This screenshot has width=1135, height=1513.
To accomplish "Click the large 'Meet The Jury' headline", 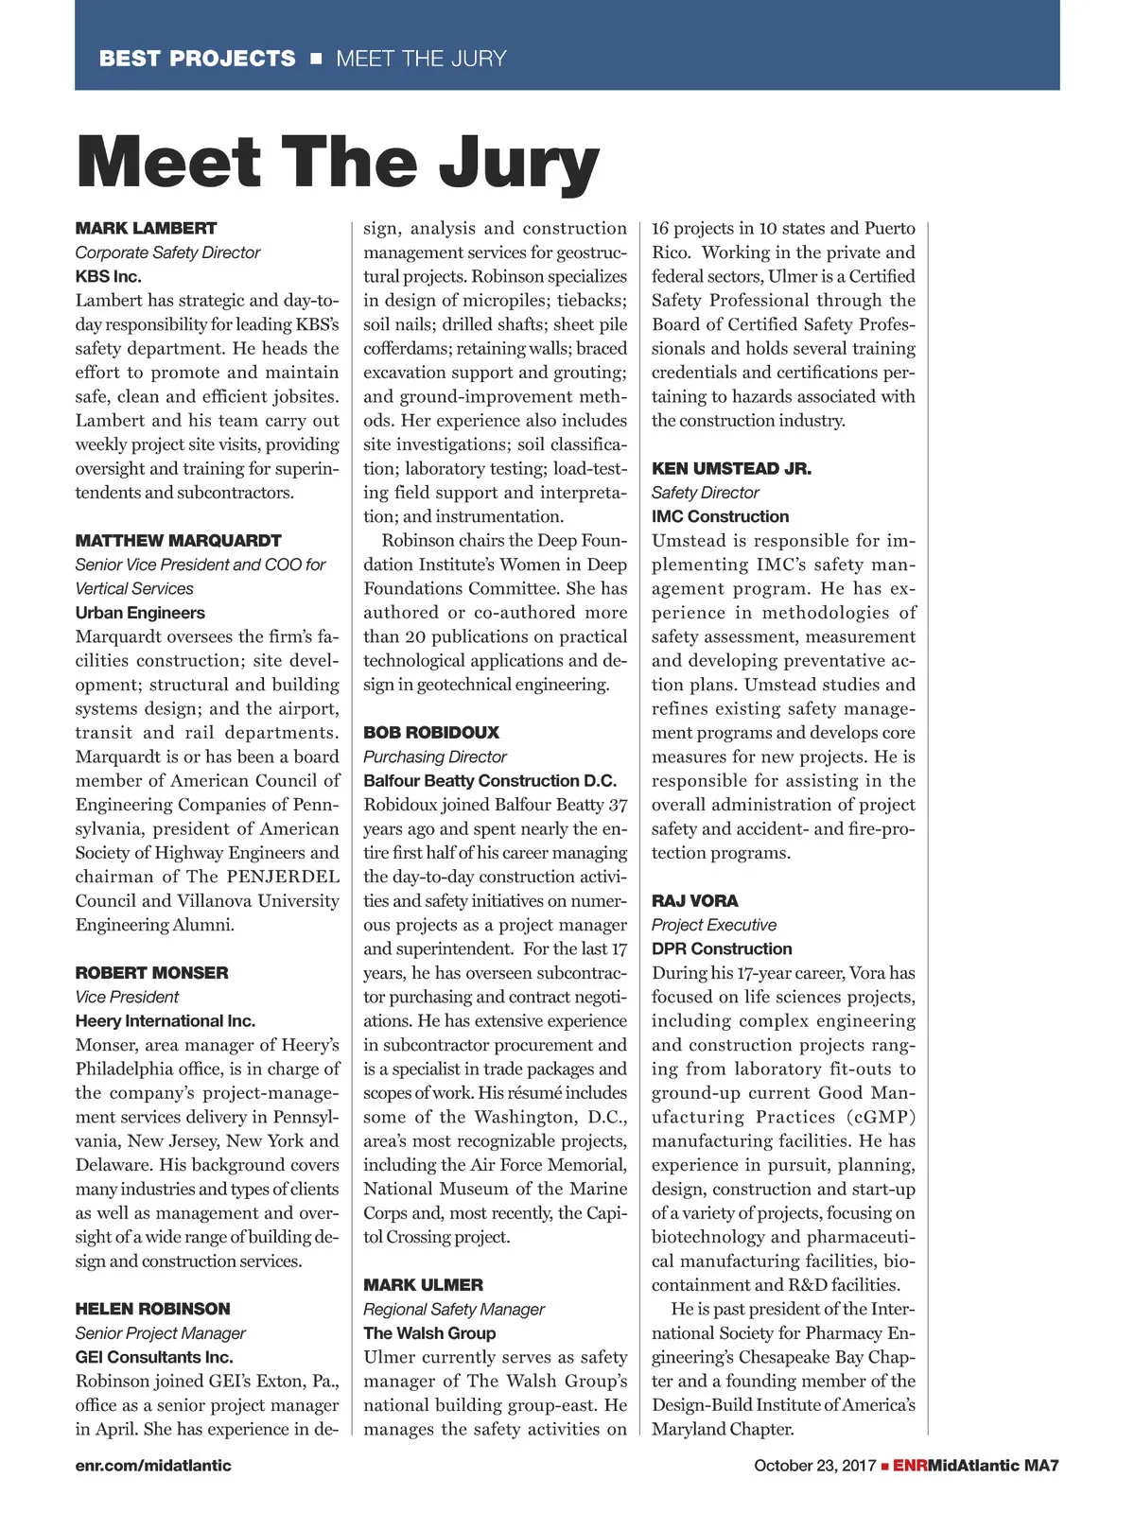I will click(338, 163).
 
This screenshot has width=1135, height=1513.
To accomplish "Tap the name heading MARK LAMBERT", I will click(146, 228).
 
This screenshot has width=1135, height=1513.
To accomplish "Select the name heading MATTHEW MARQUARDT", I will click(178, 540).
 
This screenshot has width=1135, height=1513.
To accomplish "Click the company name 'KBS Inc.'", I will click(108, 276).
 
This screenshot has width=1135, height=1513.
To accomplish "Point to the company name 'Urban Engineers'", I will click(140, 613).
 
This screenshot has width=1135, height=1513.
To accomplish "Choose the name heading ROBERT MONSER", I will click(151, 972).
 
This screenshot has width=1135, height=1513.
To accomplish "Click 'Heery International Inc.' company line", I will click(166, 1020).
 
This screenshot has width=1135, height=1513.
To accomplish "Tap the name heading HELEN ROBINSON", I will click(152, 1309).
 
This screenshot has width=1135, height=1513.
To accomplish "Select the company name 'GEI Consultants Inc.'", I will click(154, 1357).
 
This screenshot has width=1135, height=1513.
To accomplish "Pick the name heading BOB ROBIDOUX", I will click(431, 732).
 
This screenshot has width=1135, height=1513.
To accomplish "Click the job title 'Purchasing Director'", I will click(435, 756).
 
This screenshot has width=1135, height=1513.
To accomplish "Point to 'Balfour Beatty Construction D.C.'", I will click(490, 780).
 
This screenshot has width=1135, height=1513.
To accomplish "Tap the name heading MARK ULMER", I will click(423, 1284).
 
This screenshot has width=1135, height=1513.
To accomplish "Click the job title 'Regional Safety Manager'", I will click(454, 1309).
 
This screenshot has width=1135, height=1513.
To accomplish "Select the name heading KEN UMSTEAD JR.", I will click(731, 468).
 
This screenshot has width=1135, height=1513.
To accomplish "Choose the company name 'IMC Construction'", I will click(720, 516).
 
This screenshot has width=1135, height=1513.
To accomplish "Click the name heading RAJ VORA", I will click(694, 900).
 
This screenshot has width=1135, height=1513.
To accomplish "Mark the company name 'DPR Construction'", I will click(722, 948).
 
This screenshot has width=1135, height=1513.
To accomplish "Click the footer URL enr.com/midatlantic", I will click(153, 1465).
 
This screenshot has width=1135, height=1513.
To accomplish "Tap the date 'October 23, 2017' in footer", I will click(814, 1465).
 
